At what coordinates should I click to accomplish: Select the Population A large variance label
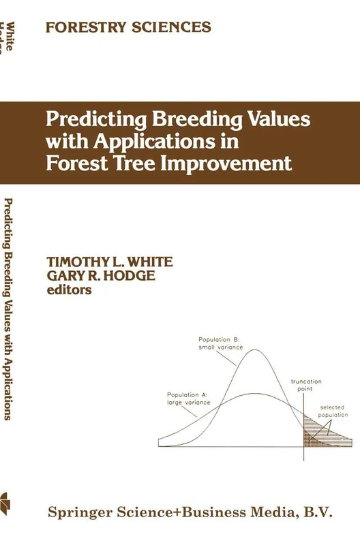[x=188, y=399]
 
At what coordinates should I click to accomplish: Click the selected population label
[x=334, y=411]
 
